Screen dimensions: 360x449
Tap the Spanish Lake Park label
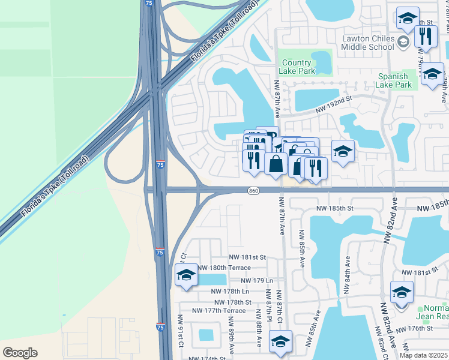395,80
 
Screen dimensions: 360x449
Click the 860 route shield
253,190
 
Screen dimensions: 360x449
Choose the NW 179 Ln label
256,280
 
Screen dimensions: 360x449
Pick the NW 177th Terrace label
218,310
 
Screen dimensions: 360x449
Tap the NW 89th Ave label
231,340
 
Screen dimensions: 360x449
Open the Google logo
20,353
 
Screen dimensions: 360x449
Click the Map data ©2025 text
423,355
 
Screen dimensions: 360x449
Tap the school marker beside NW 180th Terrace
186,275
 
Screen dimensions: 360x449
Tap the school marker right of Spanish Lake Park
432,75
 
